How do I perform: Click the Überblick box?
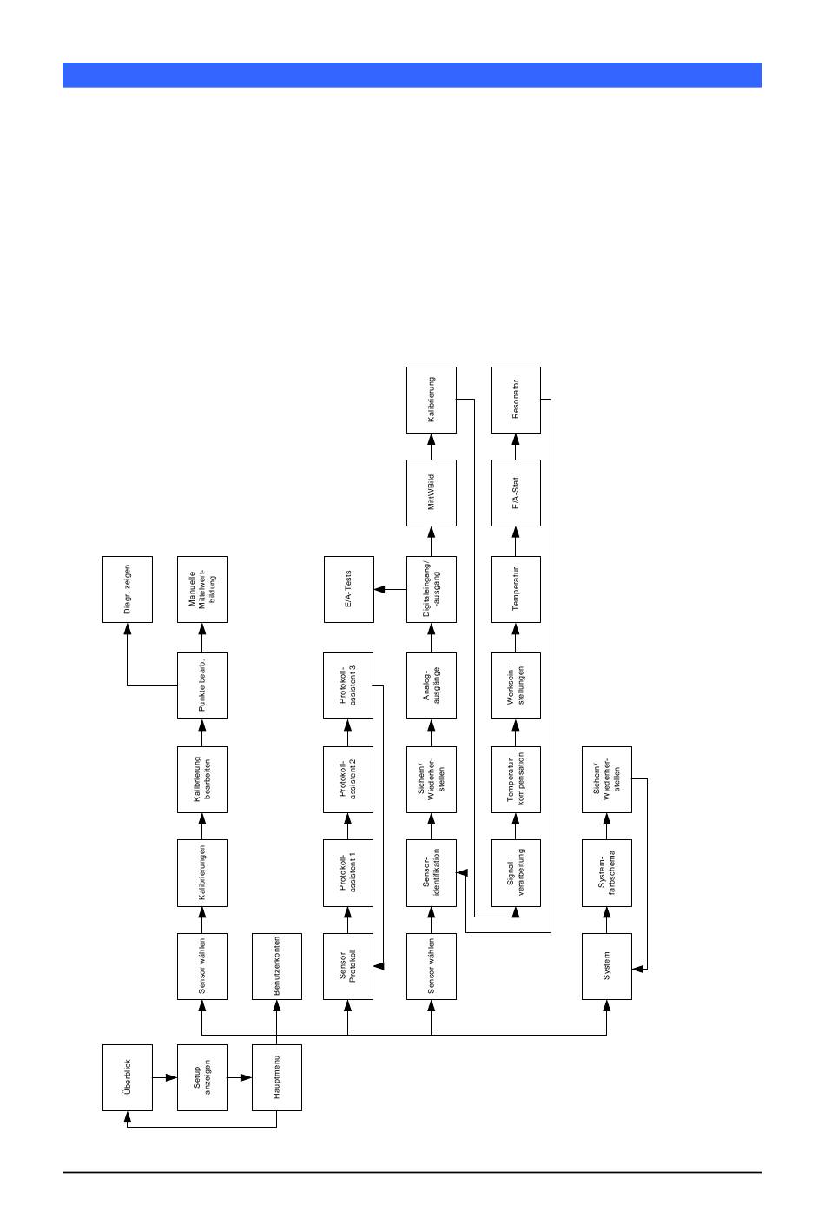pyautogui.click(x=128, y=1077)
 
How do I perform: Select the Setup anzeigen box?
pyautogui.click(x=202, y=1077)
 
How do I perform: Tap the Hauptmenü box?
pyautogui.click(x=277, y=1077)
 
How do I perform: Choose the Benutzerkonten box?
pyautogui.click(x=277, y=966)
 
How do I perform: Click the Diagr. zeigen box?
pyautogui.click(x=128, y=589)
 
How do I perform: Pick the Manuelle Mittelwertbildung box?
pyautogui.click(x=202, y=589)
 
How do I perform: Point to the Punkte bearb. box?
pyautogui.click(x=202, y=685)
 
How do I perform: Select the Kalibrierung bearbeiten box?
pyautogui.click(x=202, y=779)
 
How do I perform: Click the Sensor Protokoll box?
pyautogui.click(x=348, y=966)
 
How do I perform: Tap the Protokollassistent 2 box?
pyautogui.click(x=348, y=779)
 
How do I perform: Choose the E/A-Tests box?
pyautogui.click(x=348, y=589)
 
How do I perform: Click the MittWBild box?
pyautogui.click(x=432, y=493)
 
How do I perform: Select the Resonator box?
pyautogui.click(x=516, y=400)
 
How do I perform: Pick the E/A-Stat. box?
pyautogui.click(x=516, y=493)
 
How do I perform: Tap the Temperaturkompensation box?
pyautogui.click(x=516, y=779)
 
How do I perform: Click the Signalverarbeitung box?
pyautogui.click(x=516, y=872)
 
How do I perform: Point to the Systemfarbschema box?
pyautogui.click(x=607, y=872)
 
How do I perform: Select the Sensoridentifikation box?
pyautogui.click(x=432, y=872)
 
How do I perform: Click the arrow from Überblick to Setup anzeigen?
pyautogui.click(x=165, y=1077)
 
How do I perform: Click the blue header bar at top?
pyautogui.click(x=412, y=75)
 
